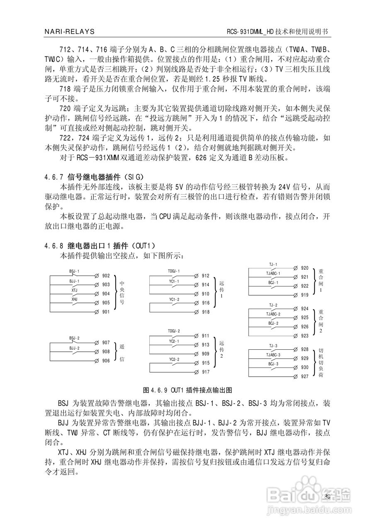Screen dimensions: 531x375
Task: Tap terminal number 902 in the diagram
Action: click(x=106, y=275)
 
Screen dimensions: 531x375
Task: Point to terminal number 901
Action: click(x=106, y=312)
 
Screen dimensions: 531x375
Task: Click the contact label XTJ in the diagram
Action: click(x=74, y=290)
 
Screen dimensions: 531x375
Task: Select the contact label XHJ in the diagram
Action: click(x=74, y=299)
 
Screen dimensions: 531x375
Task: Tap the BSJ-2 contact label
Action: click(x=75, y=339)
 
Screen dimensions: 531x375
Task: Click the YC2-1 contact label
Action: click(x=174, y=341)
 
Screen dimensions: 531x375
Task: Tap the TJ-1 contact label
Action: click(x=273, y=264)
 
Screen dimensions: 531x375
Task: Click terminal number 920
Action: click(x=304, y=268)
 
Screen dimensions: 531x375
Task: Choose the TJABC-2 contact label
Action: click(x=273, y=314)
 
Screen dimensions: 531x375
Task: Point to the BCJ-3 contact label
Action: click(x=273, y=363)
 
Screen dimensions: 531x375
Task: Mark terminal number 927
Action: click(x=304, y=376)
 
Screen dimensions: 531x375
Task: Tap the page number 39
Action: click(x=327, y=497)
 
